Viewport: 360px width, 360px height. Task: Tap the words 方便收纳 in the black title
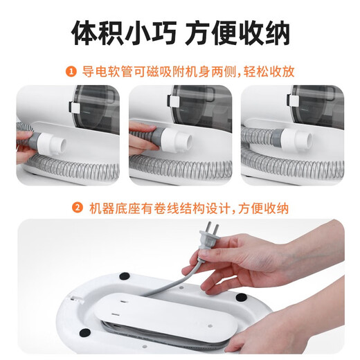[240, 33]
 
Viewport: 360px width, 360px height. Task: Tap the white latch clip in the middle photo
[184, 109]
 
